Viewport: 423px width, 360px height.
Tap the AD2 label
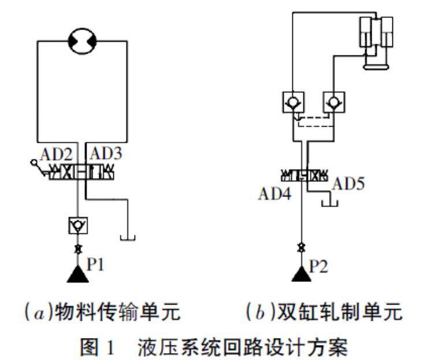(x=57, y=155)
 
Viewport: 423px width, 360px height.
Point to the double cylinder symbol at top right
(x=375, y=40)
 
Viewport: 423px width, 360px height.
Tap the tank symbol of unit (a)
(x=127, y=237)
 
